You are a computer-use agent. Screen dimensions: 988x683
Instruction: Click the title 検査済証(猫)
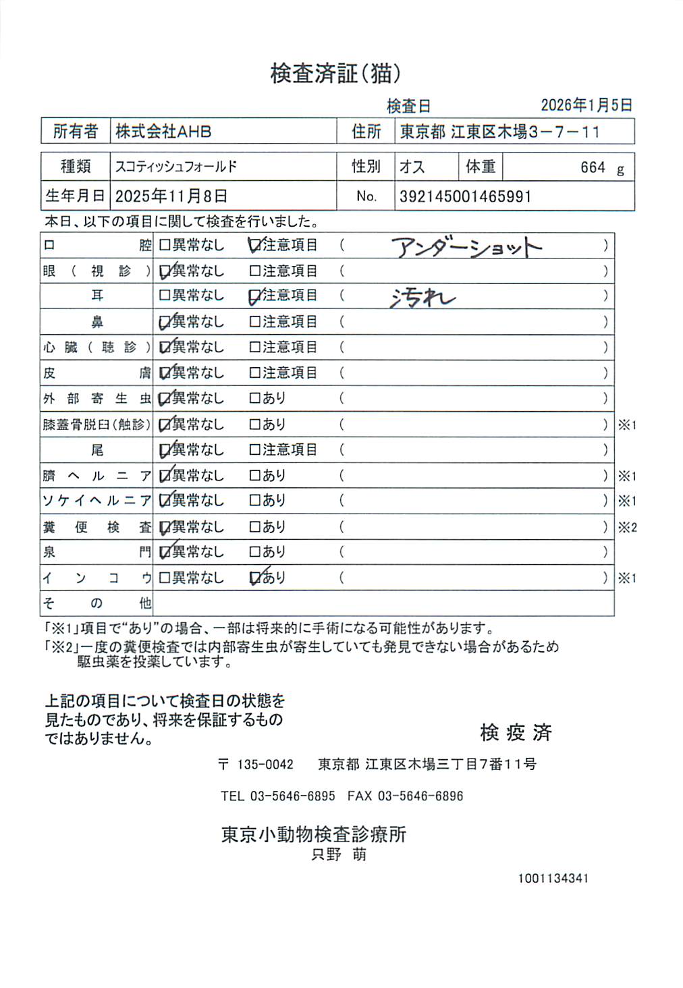tap(335, 74)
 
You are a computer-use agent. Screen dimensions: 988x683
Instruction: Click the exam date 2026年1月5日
tap(586, 105)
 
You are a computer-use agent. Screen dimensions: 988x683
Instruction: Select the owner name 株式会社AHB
tap(163, 132)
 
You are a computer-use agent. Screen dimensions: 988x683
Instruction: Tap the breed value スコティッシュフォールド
tap(175, 167)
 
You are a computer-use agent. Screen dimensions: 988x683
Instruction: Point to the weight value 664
tap(593, 167)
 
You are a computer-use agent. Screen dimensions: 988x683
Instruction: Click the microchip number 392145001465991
tap(465, 197)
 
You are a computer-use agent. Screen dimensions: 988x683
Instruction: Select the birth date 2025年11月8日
tap(171, 196)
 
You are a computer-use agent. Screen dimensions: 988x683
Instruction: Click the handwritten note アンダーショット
tap(466, 248)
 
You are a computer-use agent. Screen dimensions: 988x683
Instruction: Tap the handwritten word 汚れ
tap(422, 298)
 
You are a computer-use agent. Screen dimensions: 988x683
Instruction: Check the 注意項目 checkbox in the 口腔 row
tap(254, 246)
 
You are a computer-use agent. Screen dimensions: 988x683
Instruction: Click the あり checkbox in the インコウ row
tap(254, 578)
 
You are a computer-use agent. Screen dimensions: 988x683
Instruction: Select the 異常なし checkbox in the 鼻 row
tap(164, 323)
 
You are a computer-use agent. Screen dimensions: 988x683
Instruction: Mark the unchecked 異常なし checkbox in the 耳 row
tap(164, 296)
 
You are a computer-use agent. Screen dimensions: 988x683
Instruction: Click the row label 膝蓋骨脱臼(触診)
tap(97, 424)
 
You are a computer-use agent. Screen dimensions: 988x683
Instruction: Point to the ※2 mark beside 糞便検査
tap(627, 528)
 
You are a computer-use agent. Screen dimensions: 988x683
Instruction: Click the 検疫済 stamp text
tap(516, 732)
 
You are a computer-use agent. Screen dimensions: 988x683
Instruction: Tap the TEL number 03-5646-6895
tap(292, 796)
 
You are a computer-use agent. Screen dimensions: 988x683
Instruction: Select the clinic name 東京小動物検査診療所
tap(314, 835)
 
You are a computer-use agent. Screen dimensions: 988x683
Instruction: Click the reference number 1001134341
tap(553, 879)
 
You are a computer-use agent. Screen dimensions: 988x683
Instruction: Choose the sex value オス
tap(412, 167)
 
